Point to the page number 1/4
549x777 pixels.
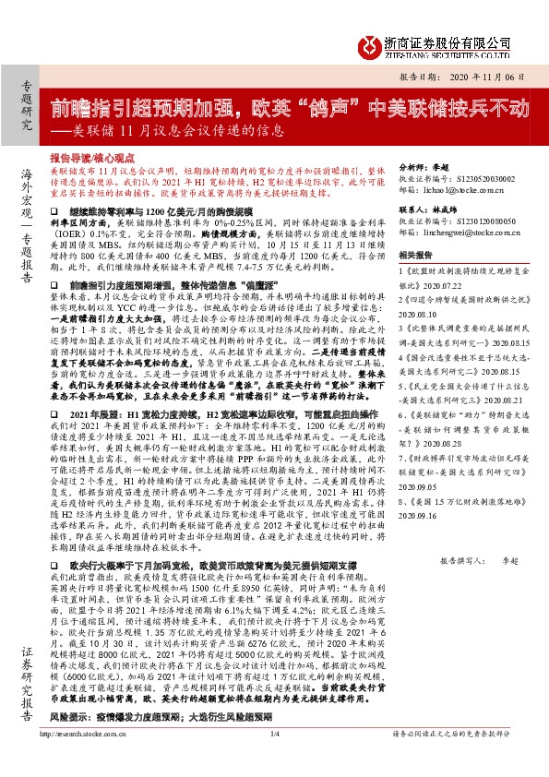[x=274, y=759]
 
